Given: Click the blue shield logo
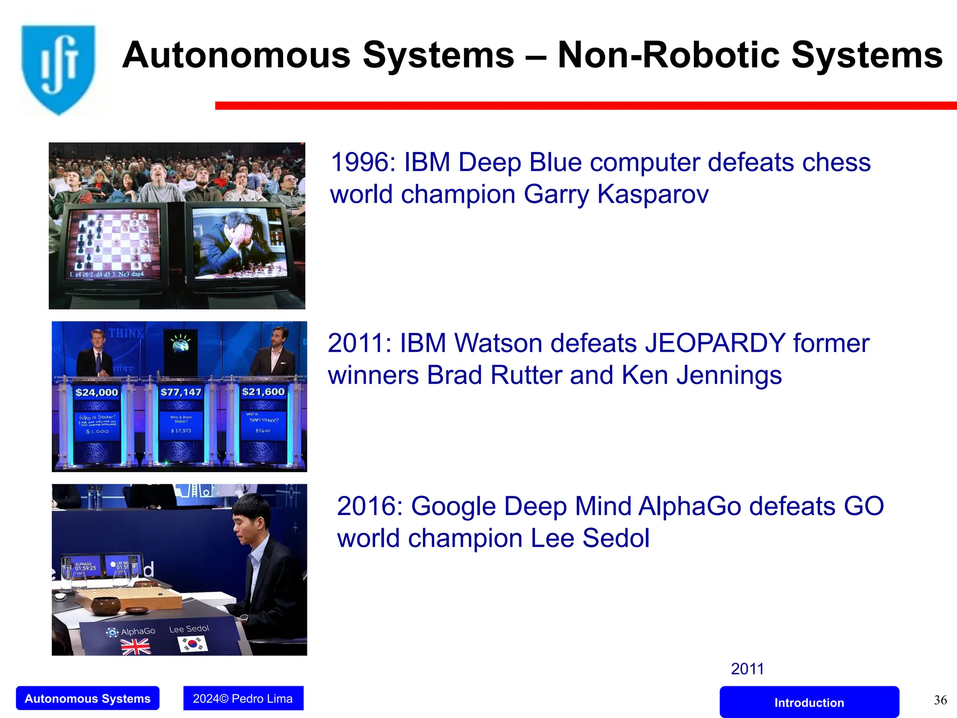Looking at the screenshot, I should [58, 69].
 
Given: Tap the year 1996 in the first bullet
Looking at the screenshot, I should [363, 163].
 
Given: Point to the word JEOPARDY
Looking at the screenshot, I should [714, 343].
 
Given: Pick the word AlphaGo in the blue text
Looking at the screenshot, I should [690, 506].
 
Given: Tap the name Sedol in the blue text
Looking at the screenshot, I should [615, 538].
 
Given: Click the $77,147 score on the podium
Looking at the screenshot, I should [181, 392].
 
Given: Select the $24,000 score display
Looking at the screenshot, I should [97, 392].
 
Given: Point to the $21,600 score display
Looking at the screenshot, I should [263, 392].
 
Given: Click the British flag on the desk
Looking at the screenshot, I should [136, 647].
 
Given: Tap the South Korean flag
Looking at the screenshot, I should [193, 644].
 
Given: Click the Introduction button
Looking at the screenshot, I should [809, 702].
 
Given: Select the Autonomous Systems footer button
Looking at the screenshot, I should [87, 698].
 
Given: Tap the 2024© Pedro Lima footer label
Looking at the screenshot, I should [243, 698].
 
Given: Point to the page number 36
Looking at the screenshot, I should [940, 700].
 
